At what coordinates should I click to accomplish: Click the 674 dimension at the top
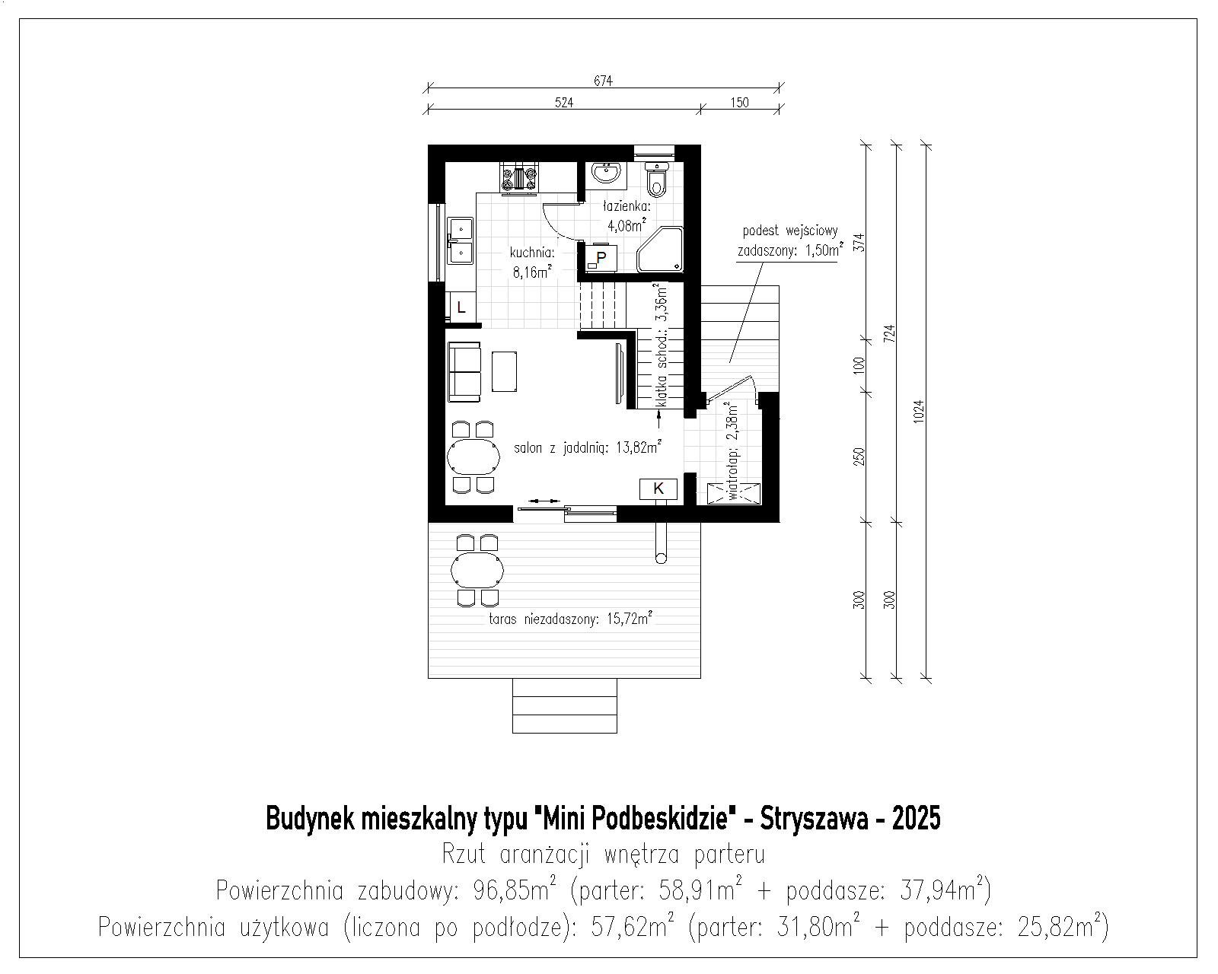click(603, 81)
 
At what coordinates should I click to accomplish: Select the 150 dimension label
click(739, 103)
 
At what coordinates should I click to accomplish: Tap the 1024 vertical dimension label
click(919, 411)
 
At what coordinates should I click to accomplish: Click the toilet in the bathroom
click(657, 177)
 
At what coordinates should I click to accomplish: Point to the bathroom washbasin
click(607, 173)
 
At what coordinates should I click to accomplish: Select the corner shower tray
click(660, 250)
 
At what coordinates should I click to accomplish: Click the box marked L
click(462, 308)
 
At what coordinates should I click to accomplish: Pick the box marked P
click(601, 258)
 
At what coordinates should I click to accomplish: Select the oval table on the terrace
click(477, 571)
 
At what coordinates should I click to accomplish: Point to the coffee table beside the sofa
click(504, 371)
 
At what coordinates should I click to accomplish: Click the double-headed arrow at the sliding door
click(544, 501)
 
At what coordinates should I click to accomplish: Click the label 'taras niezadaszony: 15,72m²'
click(570, 619)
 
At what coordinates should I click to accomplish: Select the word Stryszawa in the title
click(814, 818)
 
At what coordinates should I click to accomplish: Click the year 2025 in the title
click(917, 818)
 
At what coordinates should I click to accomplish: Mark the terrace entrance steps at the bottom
click(565, 705)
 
